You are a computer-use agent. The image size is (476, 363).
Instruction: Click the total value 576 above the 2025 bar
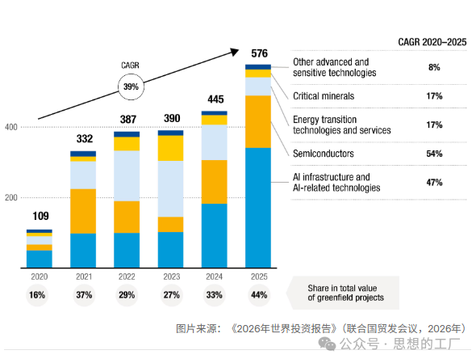coord(259,53)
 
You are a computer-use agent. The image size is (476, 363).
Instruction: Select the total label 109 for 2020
coord(40,216)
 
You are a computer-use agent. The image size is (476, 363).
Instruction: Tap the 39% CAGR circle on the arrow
coord(131,87)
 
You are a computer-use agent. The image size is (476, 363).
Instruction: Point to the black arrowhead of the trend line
coord(235,52)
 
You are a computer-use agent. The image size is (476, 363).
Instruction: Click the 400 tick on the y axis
coord(11,127)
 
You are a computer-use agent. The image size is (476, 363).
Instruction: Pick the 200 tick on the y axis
coord(11,197)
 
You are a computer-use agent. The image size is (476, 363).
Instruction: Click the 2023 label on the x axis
coord(172,276)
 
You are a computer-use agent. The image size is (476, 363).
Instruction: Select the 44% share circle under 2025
coord(259,295)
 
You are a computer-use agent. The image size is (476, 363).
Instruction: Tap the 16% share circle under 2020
coord(37,295)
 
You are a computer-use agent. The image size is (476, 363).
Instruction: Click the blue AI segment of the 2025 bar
coord(258,208)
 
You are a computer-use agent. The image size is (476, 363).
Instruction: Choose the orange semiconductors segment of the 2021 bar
coord(83,211)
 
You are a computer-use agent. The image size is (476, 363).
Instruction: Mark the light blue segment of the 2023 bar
coord(170,188)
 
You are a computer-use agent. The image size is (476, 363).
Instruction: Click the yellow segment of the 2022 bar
coord(127,144)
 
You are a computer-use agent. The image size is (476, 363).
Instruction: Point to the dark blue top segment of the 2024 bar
coord(215,113)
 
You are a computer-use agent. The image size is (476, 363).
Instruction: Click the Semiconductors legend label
coord(324,154)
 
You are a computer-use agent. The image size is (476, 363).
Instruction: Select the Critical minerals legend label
coord(324,96)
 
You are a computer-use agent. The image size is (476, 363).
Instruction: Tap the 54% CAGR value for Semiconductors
coord(434,154)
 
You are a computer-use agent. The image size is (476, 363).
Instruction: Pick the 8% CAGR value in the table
coord(434,67)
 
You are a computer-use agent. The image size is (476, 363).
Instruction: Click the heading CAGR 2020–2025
coord(432,42)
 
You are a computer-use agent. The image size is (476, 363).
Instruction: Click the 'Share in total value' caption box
coord(343,293)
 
